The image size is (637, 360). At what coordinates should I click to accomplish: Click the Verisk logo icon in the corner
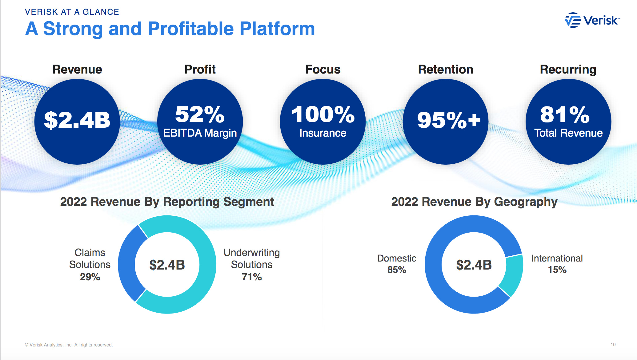click(x=573, y=20)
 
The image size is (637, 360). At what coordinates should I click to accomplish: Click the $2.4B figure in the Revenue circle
click(x=77, y=120)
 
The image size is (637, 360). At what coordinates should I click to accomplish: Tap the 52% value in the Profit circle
click(x=200, y=114)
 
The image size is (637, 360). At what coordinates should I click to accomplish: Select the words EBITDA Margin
click(x=200, y=133)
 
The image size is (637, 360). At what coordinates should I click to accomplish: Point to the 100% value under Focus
click(x=323, y=114)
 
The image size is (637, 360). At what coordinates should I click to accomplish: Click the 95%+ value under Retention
click(x=448, y=120)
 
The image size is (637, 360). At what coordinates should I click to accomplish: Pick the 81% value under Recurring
click(x=565, y=114)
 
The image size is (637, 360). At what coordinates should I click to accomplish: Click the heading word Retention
click(x=445, y=70)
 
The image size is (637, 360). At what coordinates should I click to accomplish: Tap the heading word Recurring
click(x=568, y=70)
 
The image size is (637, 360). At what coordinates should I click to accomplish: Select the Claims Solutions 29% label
click(x=90, y=265)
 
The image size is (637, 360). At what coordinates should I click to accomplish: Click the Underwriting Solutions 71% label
click(x=252, y=265)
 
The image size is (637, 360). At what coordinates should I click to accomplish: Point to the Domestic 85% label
click(x=397, y=264)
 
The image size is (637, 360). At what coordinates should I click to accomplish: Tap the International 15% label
click(x=557, y=264)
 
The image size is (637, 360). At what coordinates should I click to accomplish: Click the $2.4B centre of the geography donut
click(x=474, y=265)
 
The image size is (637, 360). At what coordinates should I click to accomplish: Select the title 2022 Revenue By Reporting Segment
click(x=167, y=202)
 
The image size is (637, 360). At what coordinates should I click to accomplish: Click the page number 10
click(x=613, y=345)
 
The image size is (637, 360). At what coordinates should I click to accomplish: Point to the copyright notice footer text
click(x=69, y=345)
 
